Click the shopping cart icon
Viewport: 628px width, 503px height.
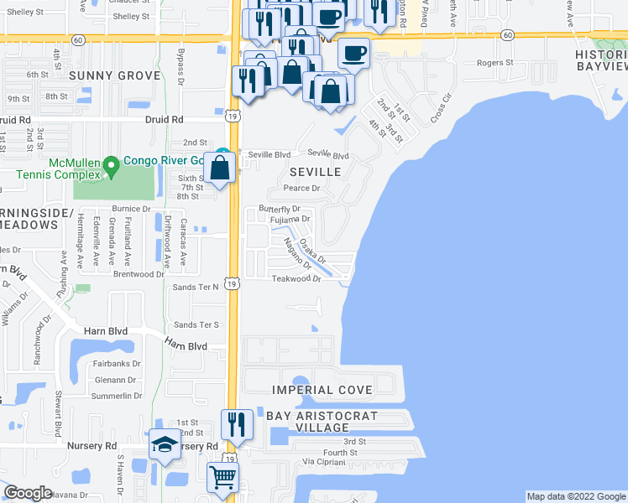coord(222,477)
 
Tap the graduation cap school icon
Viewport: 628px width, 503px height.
coord(165,445)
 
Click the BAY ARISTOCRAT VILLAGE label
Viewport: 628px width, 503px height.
coord(322,422)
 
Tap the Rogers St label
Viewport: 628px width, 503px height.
coord(495,63)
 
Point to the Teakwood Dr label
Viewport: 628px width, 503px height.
coord(296,280)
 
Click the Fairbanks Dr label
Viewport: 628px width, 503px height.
coord(117,364)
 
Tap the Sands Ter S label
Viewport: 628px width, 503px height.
coord(196,324)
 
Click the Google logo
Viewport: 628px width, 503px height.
coord(28,493)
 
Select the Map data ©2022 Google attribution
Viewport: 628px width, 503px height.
coord(575,496)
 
